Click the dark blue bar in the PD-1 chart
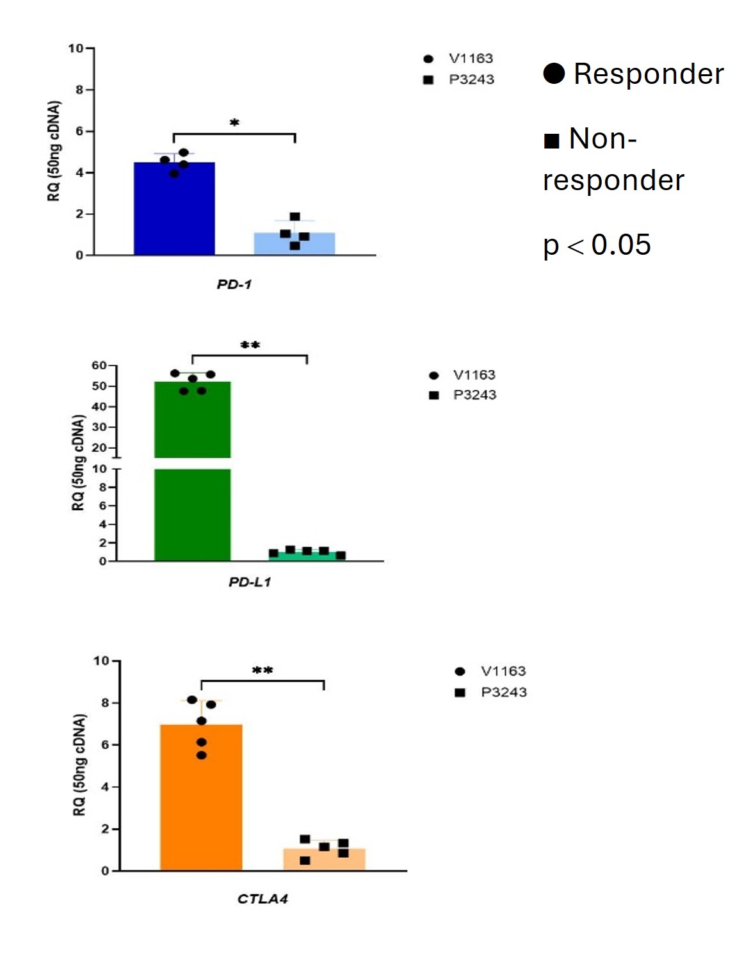pos(174,211)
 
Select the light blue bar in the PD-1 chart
pos(295,247)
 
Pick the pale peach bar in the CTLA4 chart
pos(324,862)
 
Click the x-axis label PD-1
pos(234,284)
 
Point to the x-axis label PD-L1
pos(250,582)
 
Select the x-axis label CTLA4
pos(262,899)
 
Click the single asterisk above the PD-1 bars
pos(234,122)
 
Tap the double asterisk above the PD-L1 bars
pos(250,345)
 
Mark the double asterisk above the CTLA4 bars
pos(262,670)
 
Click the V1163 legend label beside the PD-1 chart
pos(471,58)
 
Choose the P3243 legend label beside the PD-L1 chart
pos(474,395)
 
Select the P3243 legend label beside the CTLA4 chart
pos(504,692)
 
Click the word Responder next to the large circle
pos(649,74)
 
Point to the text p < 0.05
pos(597,245)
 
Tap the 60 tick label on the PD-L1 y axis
pos(99,366)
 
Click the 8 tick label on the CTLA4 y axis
pos(105,703)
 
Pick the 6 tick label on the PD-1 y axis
pos(79,131)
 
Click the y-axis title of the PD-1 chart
pos(54,151)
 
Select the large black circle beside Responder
pos(554,73)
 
